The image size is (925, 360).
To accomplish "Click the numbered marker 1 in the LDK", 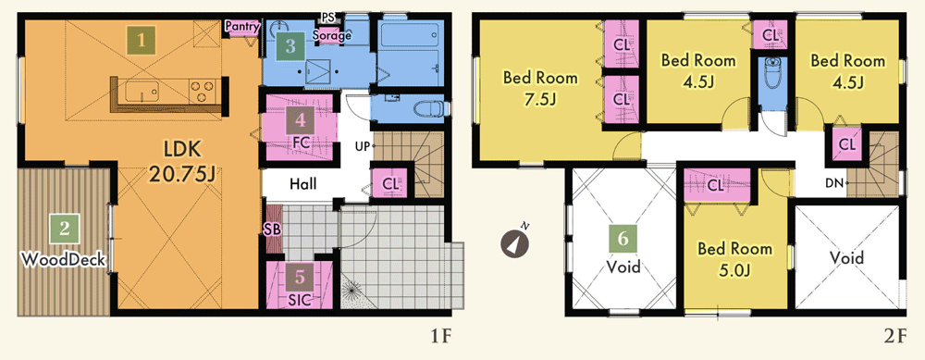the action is (x=142, y=40).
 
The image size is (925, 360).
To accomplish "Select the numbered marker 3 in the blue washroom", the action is (x=290, y=46).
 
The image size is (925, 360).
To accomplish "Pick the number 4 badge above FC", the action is (x=301, y=121).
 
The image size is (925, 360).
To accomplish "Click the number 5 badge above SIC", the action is (x=301, y=276).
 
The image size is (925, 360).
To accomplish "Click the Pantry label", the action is (x=243, y=25).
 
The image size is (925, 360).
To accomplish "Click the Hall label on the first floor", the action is (x=302, y=184).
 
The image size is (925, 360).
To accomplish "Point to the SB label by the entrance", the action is (x=272, y=230).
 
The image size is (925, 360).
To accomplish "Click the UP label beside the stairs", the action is (x=363, y=145).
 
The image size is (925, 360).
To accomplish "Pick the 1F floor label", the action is (x=440, y=337).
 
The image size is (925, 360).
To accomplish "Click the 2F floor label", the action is (x=894, y=337).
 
